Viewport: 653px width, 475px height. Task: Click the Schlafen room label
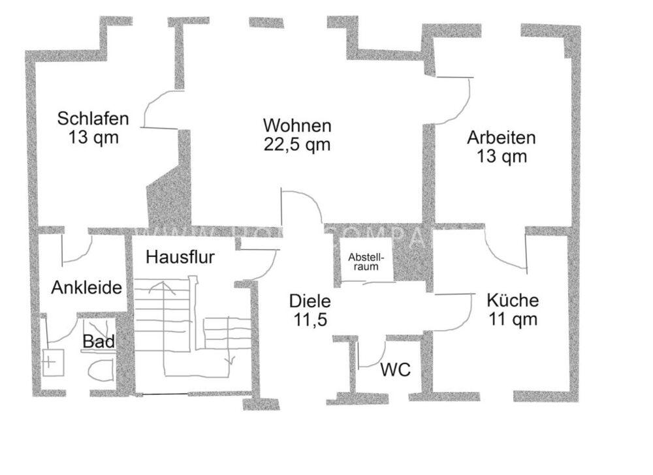click(93, 119)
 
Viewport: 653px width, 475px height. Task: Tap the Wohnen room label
click(297, 125)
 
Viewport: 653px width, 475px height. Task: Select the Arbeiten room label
click(501, 138)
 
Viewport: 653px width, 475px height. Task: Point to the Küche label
click(513, 301)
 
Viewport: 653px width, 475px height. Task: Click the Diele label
click(310, 301)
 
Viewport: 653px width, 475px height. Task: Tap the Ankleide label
click(88, 288)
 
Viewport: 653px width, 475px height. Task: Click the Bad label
click(99, 341)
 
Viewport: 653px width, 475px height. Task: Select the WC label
click(396, 371)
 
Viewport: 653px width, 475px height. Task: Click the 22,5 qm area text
click(297, 145)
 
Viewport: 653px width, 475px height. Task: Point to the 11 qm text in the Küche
click(513, 320)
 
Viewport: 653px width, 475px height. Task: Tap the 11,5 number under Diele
click(310, 320)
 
